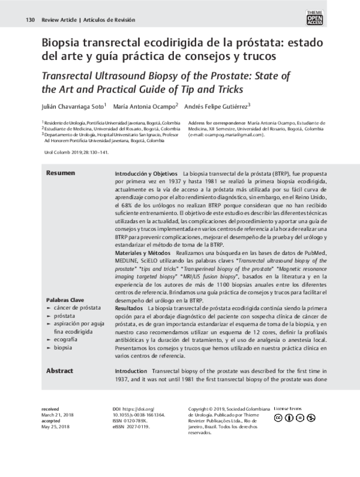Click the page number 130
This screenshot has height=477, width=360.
point(30,20)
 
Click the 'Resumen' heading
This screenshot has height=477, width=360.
point(61,173)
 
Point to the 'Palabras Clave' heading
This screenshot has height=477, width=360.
point(65,299)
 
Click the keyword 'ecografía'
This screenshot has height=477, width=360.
point(66,339)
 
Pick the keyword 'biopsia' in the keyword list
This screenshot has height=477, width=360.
point(63,347)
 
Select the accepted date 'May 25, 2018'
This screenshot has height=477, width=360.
point(56,427)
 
